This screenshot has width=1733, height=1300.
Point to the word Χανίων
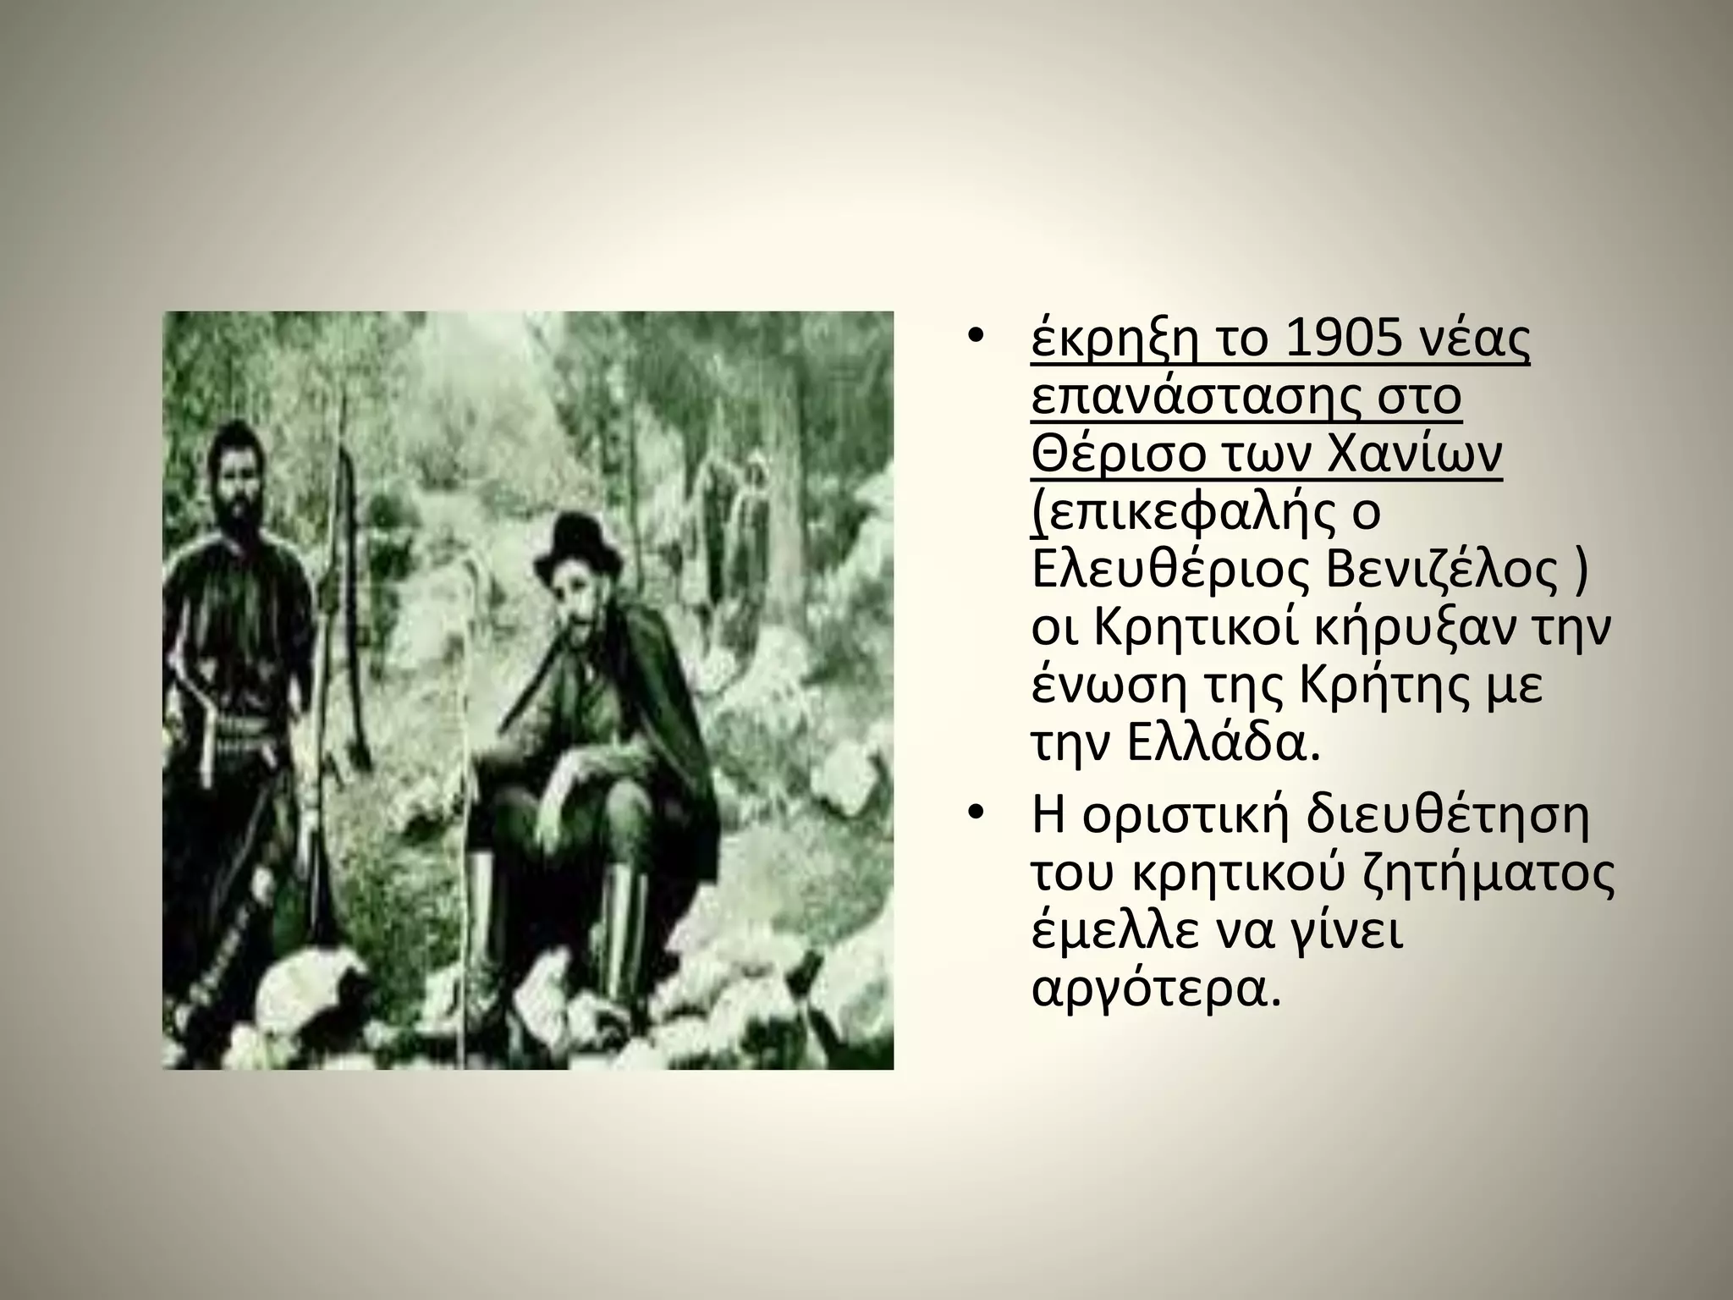tap(1422, 456)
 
